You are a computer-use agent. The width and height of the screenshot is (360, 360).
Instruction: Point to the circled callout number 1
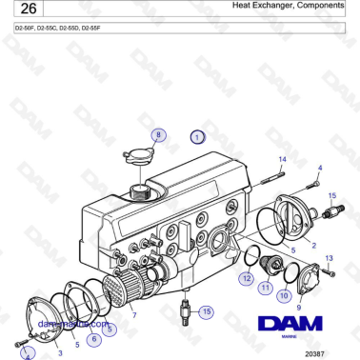click(x=197, y=136)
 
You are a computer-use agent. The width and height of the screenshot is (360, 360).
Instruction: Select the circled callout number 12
click(x=246, y=279)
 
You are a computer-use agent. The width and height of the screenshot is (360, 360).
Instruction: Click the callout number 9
click(x=299, y=308)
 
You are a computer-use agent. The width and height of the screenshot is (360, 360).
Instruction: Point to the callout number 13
click(x=330, y=258)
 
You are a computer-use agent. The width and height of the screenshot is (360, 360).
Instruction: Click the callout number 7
click(x=133, y=314)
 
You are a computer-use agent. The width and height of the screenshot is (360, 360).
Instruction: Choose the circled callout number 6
click(x=93, y=337)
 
